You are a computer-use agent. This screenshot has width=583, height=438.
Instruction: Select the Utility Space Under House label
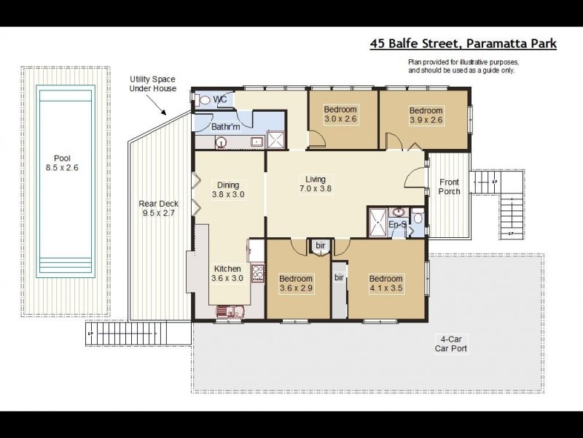click(x=150, y=83)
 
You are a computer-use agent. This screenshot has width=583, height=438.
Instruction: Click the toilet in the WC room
click(x=204, y=100)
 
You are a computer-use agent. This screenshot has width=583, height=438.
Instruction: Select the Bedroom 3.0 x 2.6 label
click(x=341, y=115)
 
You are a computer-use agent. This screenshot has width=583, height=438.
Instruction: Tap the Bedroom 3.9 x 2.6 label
click(x=426, y=115)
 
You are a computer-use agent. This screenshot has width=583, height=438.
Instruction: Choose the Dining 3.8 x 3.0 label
click(x=228, y=190)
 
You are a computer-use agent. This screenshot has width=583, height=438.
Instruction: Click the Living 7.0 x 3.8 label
click(x=315, y=184)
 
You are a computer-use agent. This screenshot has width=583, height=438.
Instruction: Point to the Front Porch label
click(x=449, y=187)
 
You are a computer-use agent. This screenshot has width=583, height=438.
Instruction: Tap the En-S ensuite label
click(x=396, y=225)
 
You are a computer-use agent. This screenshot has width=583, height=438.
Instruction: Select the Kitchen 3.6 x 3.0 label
click(x=227, y=273)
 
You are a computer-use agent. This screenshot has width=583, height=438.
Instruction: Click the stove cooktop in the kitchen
click(x=257, y=274)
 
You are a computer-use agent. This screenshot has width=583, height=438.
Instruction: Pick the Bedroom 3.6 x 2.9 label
click(x=296, y=283)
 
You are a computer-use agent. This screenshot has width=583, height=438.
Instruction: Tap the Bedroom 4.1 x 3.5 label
click(x=386, y=283)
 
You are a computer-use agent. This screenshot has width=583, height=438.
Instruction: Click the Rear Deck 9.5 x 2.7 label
click(x=154, y=210)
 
